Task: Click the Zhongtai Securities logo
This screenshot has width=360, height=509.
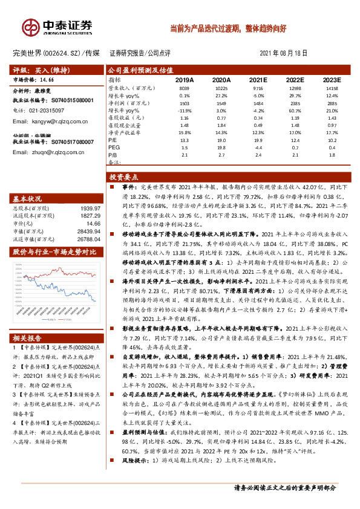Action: [57, 27]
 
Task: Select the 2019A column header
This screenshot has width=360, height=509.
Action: [185, 80]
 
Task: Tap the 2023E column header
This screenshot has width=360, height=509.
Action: [332, 80]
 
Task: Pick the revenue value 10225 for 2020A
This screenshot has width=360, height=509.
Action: [221, 88]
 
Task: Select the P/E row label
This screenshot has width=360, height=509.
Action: [113, 140]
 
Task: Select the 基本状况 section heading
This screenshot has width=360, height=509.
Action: [28, 198]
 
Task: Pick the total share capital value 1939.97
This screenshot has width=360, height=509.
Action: [87, 208]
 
